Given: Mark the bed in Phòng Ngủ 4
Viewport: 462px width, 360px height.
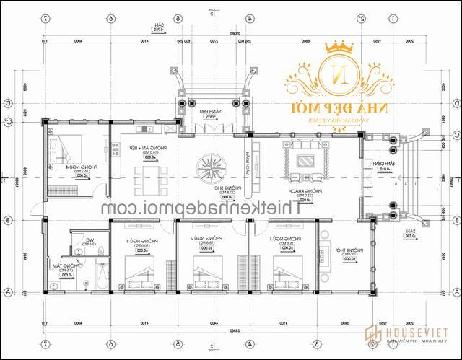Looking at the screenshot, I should point(61,149).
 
